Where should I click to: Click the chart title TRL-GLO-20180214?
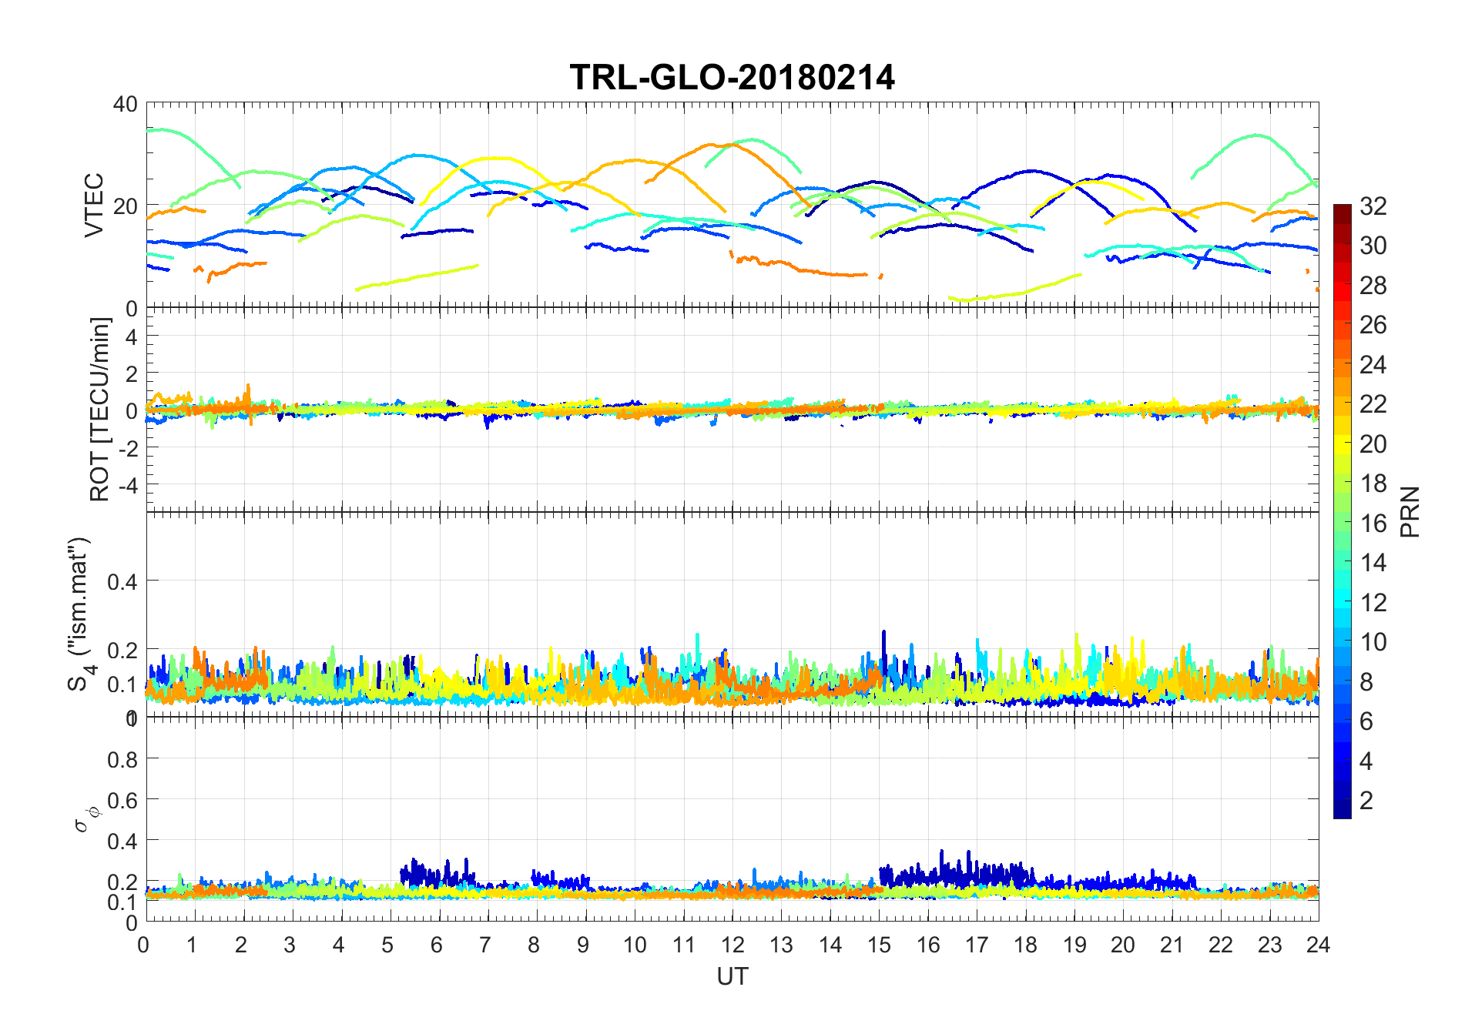pos(732,77)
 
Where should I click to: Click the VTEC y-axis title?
pos(94,205)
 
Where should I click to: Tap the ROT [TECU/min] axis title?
pos(100,410)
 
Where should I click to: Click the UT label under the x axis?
pos(732,977)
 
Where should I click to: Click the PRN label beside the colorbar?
pos(1410,511)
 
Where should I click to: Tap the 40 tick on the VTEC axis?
pos(125,104)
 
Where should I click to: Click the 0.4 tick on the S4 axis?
pos(122,581)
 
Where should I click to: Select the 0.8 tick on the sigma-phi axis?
pos(122,760)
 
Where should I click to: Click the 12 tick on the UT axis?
pos(732,945)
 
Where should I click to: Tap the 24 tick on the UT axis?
pos(1318,945)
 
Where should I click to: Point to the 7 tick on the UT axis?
pos(485,945)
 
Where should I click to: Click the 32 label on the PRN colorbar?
pos(1373,206)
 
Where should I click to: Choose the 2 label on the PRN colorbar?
pos(1366,801)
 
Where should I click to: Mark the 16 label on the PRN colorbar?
pos(1373,524)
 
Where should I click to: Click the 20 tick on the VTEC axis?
pos(125,206)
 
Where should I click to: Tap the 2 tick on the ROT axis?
pos(131,373)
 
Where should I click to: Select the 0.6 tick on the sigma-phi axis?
pos(122,801)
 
